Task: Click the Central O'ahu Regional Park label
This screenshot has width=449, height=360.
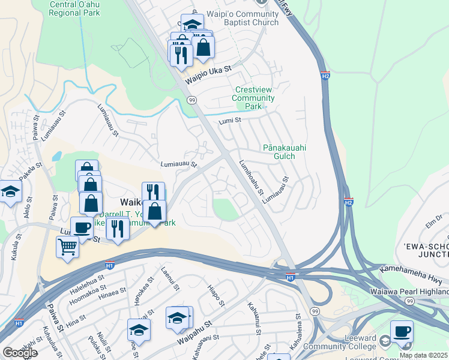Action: click(x=76, y=8)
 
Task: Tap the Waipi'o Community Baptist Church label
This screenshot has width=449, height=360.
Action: click(x=243, y=18)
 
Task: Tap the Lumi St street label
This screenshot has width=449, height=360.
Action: click(x=229, y=120)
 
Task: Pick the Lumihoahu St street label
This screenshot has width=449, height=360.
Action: click(x=251, y=177)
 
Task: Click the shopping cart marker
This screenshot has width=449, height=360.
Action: click(x=67, y=246)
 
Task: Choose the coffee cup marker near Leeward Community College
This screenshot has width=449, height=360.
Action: click(x=402, y=331)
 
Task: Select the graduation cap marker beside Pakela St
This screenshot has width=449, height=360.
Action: click(x=10, y=192)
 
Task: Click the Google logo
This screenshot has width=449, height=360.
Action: click(x=19, y=353)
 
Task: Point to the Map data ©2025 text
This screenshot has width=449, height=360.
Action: click(x=423, y=355)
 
